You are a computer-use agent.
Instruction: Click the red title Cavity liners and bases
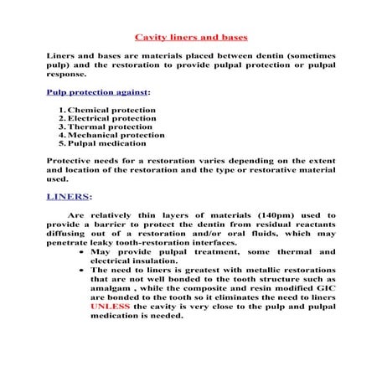(x=190, y=38)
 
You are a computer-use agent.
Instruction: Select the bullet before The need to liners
(x=80, y=271)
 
